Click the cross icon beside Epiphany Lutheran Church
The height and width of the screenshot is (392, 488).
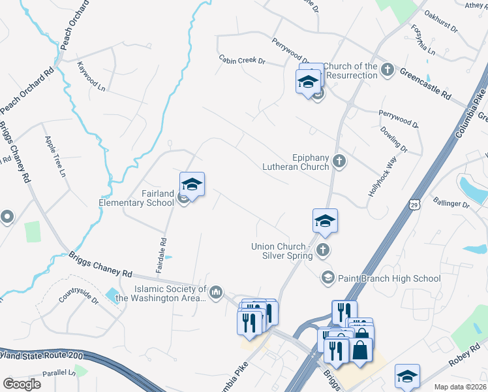pyautogui.click(x=339, y=161)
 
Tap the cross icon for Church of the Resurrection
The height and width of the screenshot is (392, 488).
pyautogui.click(x=387, y=69)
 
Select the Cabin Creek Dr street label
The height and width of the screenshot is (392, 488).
pyautogui.click(x=242, y=61)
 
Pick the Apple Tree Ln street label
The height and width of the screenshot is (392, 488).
pyautogui.click(x=55, y=156)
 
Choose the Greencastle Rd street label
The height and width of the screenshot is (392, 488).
pyautogui.click(x=425, y=84)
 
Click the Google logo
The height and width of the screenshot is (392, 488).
pyautogui.click(x=23, y=384)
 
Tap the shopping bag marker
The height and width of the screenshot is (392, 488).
pyautogui.click(x=360, y=348)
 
